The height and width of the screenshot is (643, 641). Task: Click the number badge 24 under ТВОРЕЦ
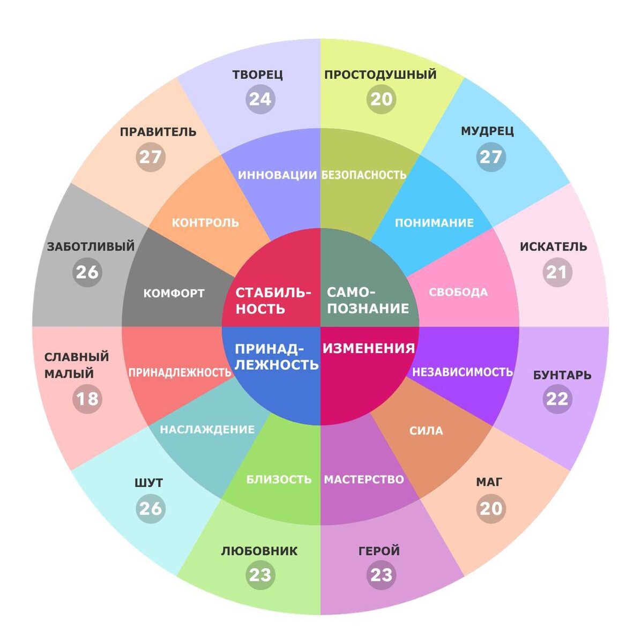[x=260, y=99]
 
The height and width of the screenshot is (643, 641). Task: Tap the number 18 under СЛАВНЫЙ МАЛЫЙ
[x=87, y=399]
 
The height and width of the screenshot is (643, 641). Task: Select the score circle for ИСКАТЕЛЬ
[x=557, y=272]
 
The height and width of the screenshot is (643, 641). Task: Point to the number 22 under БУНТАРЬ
[x=557, y=399]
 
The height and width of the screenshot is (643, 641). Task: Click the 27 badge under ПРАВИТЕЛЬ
[x=150, y=157]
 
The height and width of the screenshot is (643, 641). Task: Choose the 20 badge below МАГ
[x=490, y=508]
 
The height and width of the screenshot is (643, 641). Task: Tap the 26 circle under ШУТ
[x=150, y=508]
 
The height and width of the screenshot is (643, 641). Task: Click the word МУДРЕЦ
[x=487, y=131]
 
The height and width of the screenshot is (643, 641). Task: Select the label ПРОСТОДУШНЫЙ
[x=381, y=74]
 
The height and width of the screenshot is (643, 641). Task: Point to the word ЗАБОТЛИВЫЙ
[x=91, y=247]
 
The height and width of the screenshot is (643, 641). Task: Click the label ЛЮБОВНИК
[x=259, y=551]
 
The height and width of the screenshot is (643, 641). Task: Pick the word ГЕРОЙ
[x=379, y=551]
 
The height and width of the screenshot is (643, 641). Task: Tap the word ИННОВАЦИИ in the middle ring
[x=277, y=175]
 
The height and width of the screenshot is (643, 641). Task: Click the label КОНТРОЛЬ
[x=205, y=222]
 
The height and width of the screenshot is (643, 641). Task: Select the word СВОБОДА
[x=458, y=293]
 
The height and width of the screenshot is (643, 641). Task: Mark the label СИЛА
[x=426, y=431]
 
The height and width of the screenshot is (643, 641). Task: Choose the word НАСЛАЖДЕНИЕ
[x=207, y=430]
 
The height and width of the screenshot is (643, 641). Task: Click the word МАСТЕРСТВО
[x=364, y=479]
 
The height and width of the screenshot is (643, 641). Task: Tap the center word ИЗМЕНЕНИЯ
[x=369, y=348]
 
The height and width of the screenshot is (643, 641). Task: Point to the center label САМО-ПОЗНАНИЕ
[x=368, y=301]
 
